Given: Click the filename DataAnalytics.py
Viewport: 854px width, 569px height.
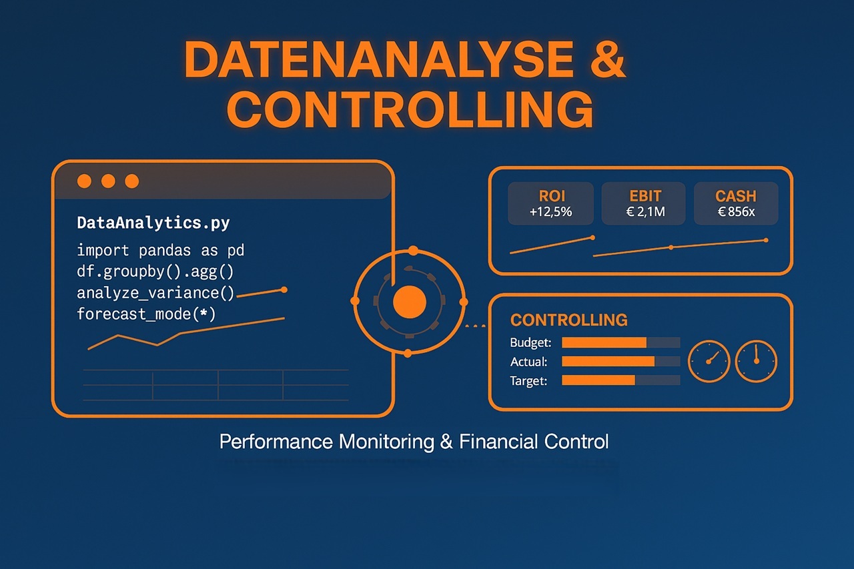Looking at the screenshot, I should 153,223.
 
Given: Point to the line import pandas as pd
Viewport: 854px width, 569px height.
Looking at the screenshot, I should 160,251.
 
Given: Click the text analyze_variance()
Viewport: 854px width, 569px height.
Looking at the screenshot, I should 156,292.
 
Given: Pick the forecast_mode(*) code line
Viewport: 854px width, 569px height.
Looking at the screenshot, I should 146,314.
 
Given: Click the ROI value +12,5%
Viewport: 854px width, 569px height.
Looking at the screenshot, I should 550,213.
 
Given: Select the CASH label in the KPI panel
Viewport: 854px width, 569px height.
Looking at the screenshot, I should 736,196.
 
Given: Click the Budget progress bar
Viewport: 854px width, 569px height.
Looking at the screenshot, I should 620,343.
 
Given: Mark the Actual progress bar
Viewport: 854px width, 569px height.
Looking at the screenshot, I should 620,362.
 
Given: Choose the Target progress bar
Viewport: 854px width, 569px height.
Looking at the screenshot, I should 620,380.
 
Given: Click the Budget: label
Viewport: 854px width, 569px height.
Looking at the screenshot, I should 530,343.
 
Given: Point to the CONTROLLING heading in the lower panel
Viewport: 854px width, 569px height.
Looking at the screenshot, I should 568,320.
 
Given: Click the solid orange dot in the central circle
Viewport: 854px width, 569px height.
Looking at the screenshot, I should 410,302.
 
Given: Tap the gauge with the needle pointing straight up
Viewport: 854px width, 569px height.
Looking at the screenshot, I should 756,362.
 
